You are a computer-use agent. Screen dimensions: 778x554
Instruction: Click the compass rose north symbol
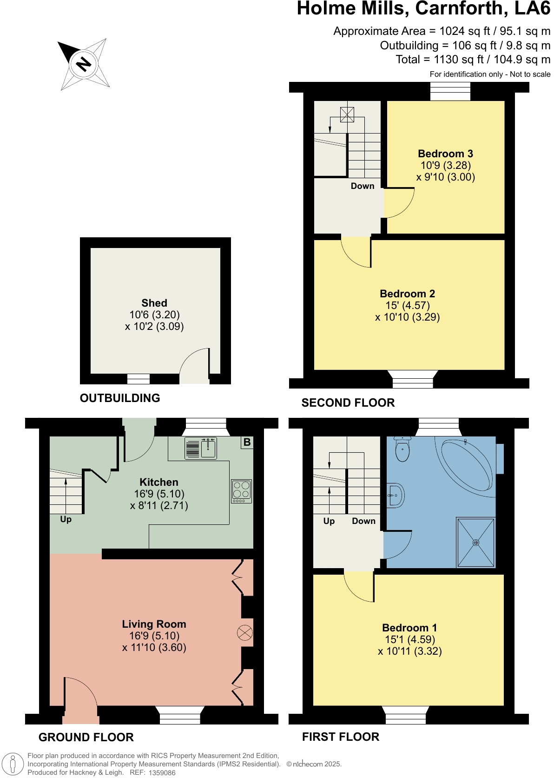pyautogui.click(x=84, y=64)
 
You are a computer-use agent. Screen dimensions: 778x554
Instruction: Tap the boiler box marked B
pyautogui.click(x=247, y=443)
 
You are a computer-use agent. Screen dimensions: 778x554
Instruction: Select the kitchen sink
pyautogui.click(x=201, y=449)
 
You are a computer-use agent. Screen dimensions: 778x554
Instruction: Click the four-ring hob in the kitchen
pyautogui.click(x=241, y=491)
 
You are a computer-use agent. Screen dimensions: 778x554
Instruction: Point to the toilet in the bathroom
pyautogui.click(x=402, y=449)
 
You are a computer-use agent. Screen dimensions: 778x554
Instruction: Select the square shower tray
pyautogui.click(x=476, y=543)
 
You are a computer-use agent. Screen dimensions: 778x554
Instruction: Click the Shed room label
pyautogui.click(x=154, y=303)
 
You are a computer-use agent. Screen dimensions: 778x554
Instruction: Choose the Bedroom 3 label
pyautogui.click(x=445, y=154)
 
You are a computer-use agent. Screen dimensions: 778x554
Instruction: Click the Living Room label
pyautogui.click(x=154, y=624)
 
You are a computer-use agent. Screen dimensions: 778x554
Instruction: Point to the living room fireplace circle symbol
pyautogui.click(x=244, y=633)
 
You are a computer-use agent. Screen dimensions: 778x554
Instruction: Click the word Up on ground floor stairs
pyautogui.click(x=66, y=519)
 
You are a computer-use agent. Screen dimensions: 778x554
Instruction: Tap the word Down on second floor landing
pyautogui.click(x=363, y=186)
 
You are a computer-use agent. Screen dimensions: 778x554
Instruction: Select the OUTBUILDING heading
pyautogui.click(x=120, y=398)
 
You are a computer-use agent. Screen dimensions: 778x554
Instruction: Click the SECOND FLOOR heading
pyautogui.click(x=348, y=403)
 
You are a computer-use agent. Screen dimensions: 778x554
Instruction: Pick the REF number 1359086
pyautogui.click(x=162, y=773)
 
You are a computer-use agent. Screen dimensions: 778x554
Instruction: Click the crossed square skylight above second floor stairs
pyautogui.click(x=347, y=114)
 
